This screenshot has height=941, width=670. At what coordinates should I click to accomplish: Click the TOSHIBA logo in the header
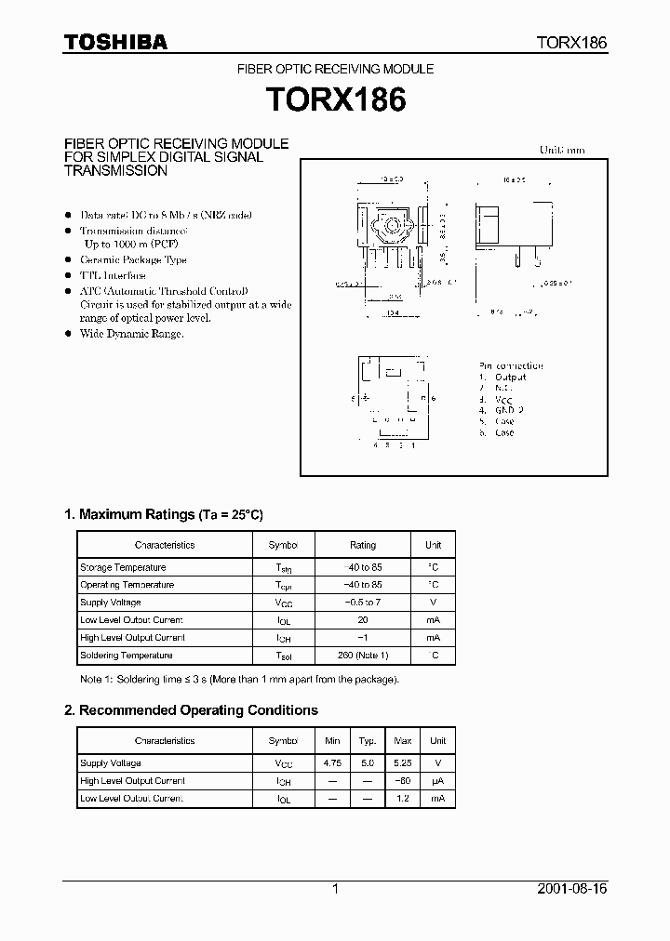pyautogui.click(x=115, y=42)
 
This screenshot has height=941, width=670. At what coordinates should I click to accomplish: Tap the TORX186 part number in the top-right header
pyautogui.click(x=571, y=43)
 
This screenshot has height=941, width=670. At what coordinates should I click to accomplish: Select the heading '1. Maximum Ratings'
pyautogui.click(x=165, y=514)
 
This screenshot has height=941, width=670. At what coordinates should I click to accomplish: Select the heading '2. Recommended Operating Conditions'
pyautogui.click(x=191, y=710)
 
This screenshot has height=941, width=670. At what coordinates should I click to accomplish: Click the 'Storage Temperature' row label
pyautogui.click(x=123, y=567)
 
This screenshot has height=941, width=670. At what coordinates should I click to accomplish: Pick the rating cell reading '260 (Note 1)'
pyautogui.click(x=363, y=656)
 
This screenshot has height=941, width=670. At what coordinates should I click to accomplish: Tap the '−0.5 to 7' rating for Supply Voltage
pyautogui.click(x=363, y=603)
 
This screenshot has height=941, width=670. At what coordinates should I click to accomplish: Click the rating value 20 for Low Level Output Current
pyautogui.click(x=363, y=620)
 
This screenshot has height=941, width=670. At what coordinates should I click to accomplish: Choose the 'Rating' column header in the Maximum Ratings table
pyautogui.click(x=363, y=545)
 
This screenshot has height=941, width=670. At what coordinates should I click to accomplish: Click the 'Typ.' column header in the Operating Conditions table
pyautogui.click(x=368, y=741)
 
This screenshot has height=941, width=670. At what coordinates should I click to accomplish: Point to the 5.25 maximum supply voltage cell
pyautogui.click(x=403, y=763)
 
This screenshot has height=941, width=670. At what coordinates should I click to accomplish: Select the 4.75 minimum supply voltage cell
pyautogui.click(x=332, y=763)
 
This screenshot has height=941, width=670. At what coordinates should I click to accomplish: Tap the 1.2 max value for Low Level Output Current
pyautogui.click(x=403, y=799)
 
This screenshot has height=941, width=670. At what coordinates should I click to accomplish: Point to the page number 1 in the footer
pyautogui.click(x=335, y=889)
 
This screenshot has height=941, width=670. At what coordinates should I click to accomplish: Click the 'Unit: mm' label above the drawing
pyautogui.click(x=562, y=150)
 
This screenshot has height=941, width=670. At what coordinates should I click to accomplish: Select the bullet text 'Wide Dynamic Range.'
pyautogui.click(x=131, y=334)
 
